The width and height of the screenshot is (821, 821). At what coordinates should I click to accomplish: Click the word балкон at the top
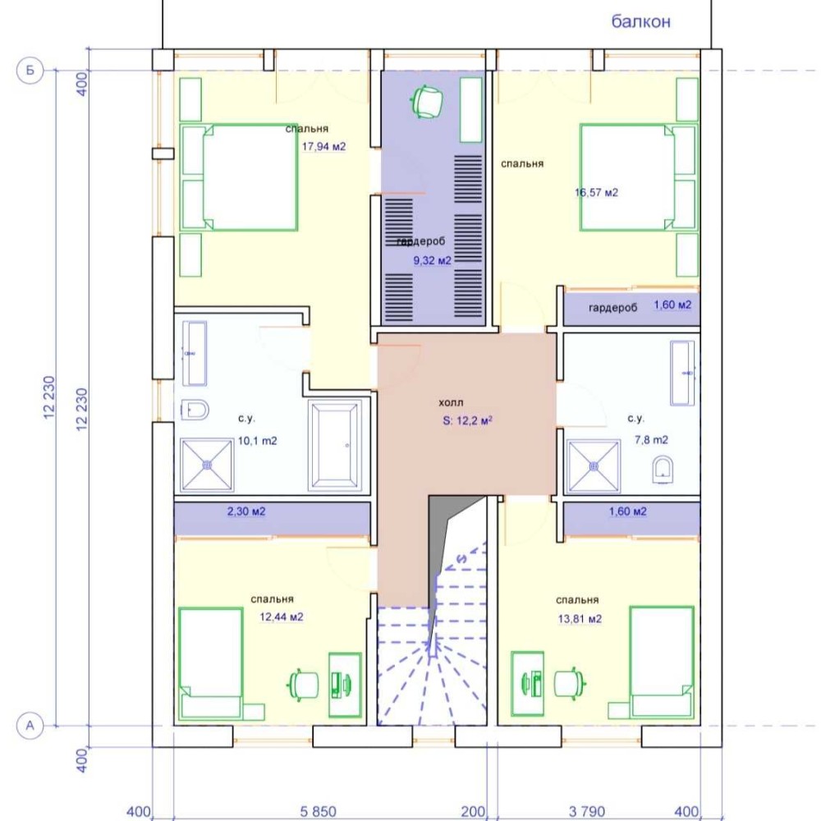pos(641,21)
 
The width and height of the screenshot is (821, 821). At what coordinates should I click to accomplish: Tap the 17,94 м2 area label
pos(323,147)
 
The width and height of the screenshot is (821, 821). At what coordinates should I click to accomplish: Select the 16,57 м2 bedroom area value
pos(596,192)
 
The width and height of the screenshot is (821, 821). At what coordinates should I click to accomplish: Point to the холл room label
pos(451,402)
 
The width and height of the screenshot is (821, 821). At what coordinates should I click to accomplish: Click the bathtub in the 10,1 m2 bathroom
pos(335,446)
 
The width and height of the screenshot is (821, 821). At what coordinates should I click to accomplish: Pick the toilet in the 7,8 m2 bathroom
pos(663,469)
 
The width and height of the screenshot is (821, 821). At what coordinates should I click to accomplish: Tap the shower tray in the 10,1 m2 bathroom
pos(207,465)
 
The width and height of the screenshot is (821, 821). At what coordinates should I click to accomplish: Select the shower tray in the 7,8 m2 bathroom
pos(594,466)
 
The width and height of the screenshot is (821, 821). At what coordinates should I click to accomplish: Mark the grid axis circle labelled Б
pos(30,70)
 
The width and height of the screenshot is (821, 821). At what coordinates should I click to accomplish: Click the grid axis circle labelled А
pos(30,726)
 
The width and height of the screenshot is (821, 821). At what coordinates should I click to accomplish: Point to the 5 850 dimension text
pos(318,811)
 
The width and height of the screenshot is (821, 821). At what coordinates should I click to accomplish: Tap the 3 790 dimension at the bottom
pos(587,811)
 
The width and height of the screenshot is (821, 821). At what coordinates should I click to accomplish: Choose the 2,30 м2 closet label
pos(246,511)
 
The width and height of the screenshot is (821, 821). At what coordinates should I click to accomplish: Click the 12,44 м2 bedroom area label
pos(281,617)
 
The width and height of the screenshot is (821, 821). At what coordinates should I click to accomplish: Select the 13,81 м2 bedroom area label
pos(580,619)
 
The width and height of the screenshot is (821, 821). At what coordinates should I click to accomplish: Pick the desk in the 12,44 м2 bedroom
pos(345,685)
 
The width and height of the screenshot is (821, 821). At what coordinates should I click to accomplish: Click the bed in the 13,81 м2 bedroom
pos(663,662)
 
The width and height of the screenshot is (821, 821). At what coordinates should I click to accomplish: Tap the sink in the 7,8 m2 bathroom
pos(683,373)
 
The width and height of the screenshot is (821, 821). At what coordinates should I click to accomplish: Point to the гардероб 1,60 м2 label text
pos(640,306)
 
